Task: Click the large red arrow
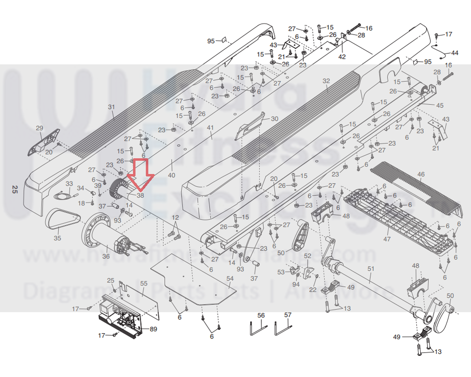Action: tap(141, 175)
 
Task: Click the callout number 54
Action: tap(230, 279)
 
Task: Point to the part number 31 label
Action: tap(111, 107)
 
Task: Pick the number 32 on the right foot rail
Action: tap(326, 81)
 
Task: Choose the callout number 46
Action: tap(421, 175)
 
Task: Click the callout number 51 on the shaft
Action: tap(371, 269)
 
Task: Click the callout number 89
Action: tap(153, 329)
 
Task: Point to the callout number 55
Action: tap(144, 283)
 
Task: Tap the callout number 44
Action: tap(454, 53)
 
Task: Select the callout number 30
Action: tap(275, 119)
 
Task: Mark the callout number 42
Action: tap(342, 57)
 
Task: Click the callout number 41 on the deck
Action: tap(210, 128)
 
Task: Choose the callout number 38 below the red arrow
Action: tap(140, 195)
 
